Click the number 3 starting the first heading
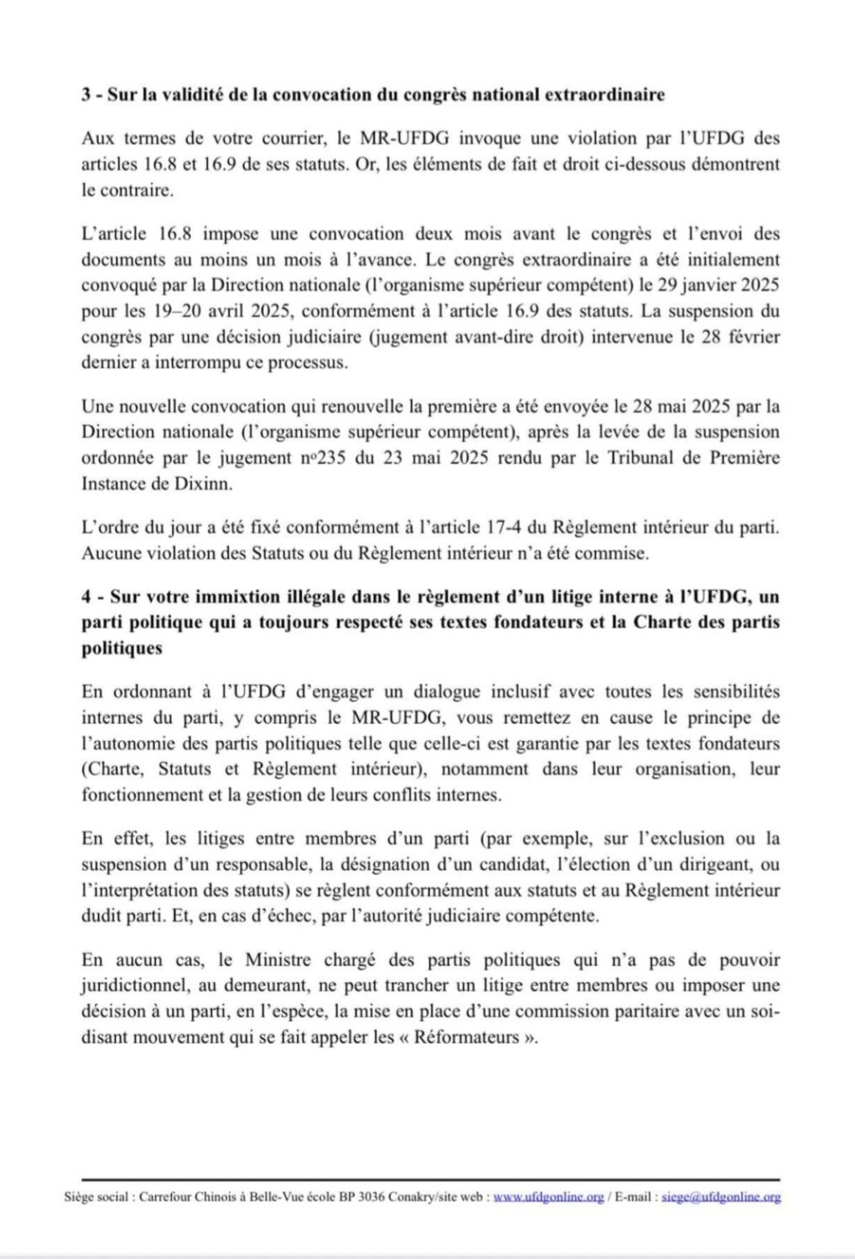pos(85,95)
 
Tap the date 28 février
pos(736,338)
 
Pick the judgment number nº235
pos(318,459)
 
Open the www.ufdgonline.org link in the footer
pos(549,1198)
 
